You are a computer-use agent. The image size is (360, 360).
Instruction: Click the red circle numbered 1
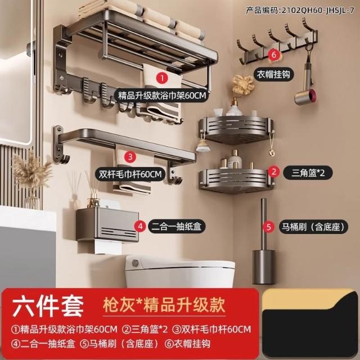pyautogui.click(x=162, y=78)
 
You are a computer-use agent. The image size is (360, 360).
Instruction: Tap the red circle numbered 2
pyautogui.click(x=273, y=172)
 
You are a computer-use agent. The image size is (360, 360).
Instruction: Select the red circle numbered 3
pyautogui.click(x=130, y=157)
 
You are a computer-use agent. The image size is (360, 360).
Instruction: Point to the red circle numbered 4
pyautogui.click(x=140, y=226)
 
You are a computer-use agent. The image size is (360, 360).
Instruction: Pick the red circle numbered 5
pyautogui.click(x=269, y=227)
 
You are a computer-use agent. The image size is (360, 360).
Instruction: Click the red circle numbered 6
pyautogui.click(x=274, y=55)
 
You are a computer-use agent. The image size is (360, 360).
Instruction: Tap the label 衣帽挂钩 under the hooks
pyautogui.click(x=273, y=74)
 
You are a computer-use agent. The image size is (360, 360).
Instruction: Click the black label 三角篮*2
pyautogui.click(x=308, y=173)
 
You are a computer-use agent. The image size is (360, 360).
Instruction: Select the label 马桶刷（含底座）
pyautogui.click(x=314, y=227)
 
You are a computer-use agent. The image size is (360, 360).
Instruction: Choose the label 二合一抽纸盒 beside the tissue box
pyautogui.click(x=177, y=226)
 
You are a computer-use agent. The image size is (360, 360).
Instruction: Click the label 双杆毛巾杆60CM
pyautogui.click(x=130, y=174)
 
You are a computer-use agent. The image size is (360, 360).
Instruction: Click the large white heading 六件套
pyautogui.click(x=48, y=305)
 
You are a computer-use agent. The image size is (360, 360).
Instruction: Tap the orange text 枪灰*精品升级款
pyautogui.click(x=164, y=305)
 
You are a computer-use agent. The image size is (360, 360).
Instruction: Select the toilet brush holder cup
pyautogui.click(x=264, y=267)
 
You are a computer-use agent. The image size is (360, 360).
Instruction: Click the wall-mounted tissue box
pyautogui.click(x=107, y=225)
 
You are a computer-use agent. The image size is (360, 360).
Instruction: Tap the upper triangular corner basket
pyautogui.click(x=236, y=130)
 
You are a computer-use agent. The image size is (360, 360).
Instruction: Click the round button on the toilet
pyautogui.click(x=136, y=263)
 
